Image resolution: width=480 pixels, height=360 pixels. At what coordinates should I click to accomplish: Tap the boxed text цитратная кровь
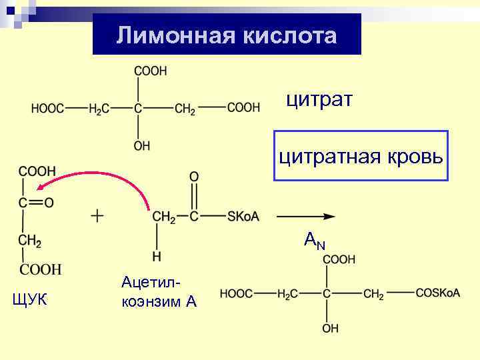tap(361, 157)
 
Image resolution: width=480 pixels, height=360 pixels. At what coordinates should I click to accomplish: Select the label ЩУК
tap(30, 301)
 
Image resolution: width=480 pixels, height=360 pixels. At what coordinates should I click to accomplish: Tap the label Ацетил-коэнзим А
tap(159, 293)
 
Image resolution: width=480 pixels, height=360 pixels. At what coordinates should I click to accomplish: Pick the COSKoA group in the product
tap(437, 293)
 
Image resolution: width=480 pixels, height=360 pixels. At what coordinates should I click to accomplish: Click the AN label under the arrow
tap(314, 240)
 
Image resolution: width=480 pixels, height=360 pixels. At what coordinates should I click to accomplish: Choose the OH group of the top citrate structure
tap(142, 145)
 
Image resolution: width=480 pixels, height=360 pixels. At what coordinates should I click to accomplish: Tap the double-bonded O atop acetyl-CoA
tap(193, 177)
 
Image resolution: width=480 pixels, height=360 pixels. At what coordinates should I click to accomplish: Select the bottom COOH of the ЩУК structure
tap(39, 269)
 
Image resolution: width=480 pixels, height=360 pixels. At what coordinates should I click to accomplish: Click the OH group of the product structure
tap(330, 328)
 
